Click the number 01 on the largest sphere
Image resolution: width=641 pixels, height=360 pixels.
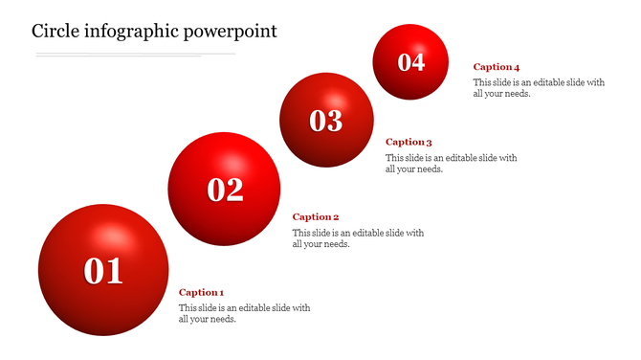(103, 271)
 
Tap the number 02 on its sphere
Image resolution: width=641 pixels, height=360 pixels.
(226, 190)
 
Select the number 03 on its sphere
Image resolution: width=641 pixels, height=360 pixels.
(326, 121)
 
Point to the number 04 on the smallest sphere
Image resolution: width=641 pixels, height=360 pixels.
(411, 62)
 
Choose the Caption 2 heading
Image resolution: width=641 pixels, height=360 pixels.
(316, 217)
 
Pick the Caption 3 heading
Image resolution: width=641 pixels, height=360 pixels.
(409, 143)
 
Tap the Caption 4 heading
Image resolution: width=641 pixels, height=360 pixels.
(497, 67)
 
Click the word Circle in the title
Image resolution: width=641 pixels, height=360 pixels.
(59, 31)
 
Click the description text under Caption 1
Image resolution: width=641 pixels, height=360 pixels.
(244, 313)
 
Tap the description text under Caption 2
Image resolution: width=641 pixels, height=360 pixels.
(358, 237)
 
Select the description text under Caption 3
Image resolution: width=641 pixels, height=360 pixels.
(451, 163)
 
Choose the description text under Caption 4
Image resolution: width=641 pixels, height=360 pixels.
(539, 87)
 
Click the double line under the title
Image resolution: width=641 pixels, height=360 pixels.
(134, 55)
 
